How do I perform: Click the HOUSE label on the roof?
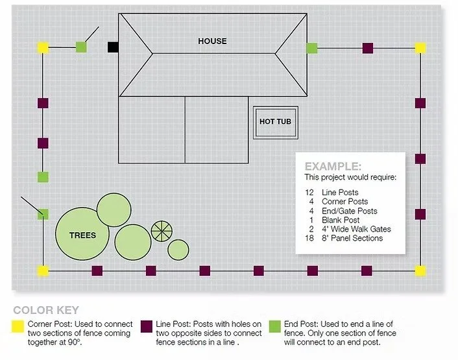point(212,41)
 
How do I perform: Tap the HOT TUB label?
point(275,122)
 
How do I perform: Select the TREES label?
point(82,235)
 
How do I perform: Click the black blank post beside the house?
point(113,47)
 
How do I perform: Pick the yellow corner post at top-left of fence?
point(43,47)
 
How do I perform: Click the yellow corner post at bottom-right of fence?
point(420,270)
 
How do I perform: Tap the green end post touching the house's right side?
point(312,47)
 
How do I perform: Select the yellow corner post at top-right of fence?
point(420,47)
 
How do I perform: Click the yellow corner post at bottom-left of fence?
point(43,270)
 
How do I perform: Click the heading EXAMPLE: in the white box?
point(333,166)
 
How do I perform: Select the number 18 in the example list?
point(309,238)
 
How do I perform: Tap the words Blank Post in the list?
point(340,220)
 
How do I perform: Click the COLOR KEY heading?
point(45,310)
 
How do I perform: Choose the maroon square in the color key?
point(147,324)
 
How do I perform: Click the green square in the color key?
point(274,324)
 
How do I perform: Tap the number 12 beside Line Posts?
point(309,193)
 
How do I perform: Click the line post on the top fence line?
point(368,47)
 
